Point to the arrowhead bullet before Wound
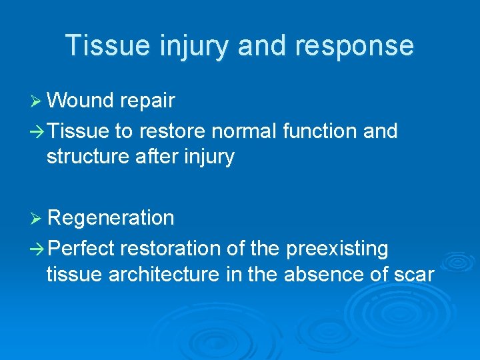pos(37,101)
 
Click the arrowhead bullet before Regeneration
pos(37,218)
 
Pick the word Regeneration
pos(111,218)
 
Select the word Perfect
pos(81,249)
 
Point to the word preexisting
pos(337,249)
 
